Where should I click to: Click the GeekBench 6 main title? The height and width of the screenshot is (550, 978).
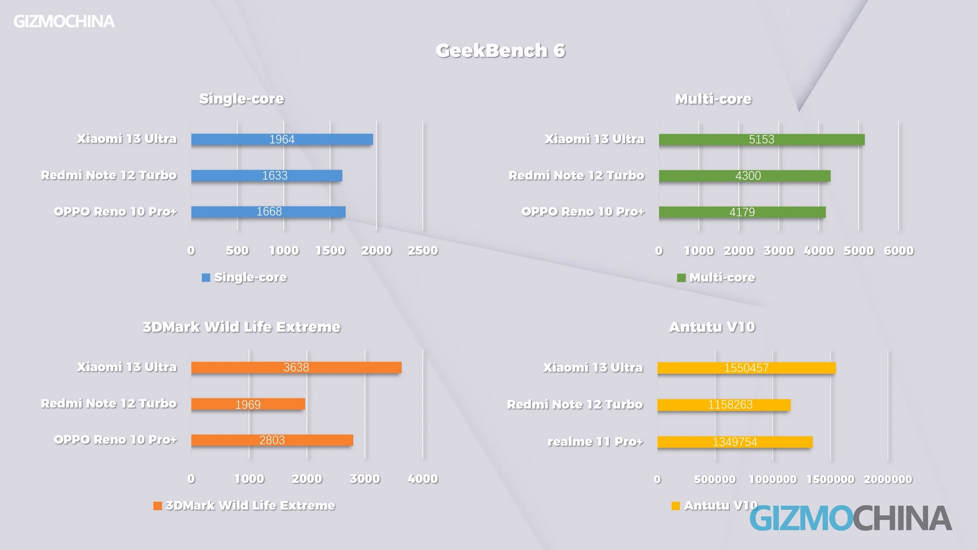tap(500, 50)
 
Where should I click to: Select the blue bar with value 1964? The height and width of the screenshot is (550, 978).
tap(282, 140)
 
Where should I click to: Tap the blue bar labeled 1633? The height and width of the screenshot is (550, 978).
tap(266, 176)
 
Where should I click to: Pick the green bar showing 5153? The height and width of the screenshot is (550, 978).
tap(762, 140)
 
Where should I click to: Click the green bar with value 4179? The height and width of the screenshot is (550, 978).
tap(742, 212)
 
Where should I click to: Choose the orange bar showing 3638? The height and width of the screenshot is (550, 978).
tap(296, 367)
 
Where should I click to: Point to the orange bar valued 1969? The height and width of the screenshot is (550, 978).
tap(248, 404)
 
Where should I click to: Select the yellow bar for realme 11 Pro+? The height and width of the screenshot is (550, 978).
tap(735, 442)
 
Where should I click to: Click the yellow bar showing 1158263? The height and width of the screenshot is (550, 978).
tap(724, 405)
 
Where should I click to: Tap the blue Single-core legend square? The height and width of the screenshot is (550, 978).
tap(206, 278)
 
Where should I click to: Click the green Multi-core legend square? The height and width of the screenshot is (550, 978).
tap(681, 278)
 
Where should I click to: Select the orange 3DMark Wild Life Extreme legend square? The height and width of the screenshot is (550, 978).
tap(157, 506)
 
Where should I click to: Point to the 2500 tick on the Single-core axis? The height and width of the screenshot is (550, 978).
tap(423, 251)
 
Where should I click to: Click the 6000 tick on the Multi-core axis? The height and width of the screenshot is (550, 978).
tap(899, 251)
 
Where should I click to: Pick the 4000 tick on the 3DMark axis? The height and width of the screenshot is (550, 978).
tap(423, 479)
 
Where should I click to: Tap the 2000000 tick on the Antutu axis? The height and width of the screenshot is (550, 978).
tap(888, 479)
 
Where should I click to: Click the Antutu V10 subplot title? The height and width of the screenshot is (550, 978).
tap(712, 327)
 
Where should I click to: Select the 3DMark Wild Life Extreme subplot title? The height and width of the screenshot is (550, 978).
tap(241, 327)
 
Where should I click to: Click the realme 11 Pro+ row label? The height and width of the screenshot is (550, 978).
tap(595, 442)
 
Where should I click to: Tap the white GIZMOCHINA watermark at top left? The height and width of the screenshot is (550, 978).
tap(64, 21)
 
